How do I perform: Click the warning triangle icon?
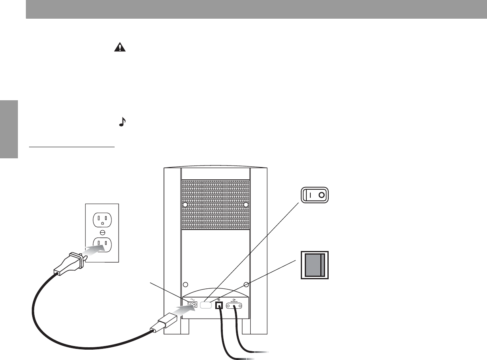click(x=119, y=47)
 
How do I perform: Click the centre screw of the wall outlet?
click(x=102, y=232)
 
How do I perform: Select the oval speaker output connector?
click(x=235, y=306)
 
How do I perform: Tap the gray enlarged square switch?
click(x=314, y=265)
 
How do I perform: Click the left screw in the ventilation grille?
click(x=185, y=204)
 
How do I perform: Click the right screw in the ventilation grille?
click(x=246, y=204)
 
